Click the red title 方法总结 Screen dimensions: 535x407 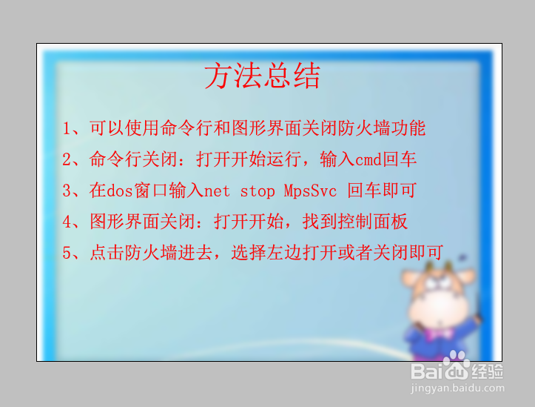click(x=262, y=76)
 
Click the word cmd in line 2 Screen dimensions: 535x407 click(x=369, y=159)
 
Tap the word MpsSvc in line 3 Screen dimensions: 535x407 click(x=310, y=191)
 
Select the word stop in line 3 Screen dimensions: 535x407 click(x=258, y=191)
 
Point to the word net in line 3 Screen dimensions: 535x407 click(x=217, y=191)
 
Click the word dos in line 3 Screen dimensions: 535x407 click(x=119, y=191)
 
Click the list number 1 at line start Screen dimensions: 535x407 click(x=67, y=129)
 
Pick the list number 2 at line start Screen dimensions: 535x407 click(x=67, y=159)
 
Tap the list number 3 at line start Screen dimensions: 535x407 click(x=67, y=191)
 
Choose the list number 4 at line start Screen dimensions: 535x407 click(x=67, y=222)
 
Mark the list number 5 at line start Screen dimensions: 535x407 click(x=67, y=254)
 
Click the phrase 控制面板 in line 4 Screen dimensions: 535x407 click(x=373, y=222)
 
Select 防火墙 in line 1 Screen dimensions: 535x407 click(x=364, y=128)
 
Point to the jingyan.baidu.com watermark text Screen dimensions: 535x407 click(x=457, y=388)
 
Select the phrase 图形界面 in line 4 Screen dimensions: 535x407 click(x=125, y=222)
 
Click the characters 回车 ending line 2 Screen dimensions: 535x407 click(x=399, y=159)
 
